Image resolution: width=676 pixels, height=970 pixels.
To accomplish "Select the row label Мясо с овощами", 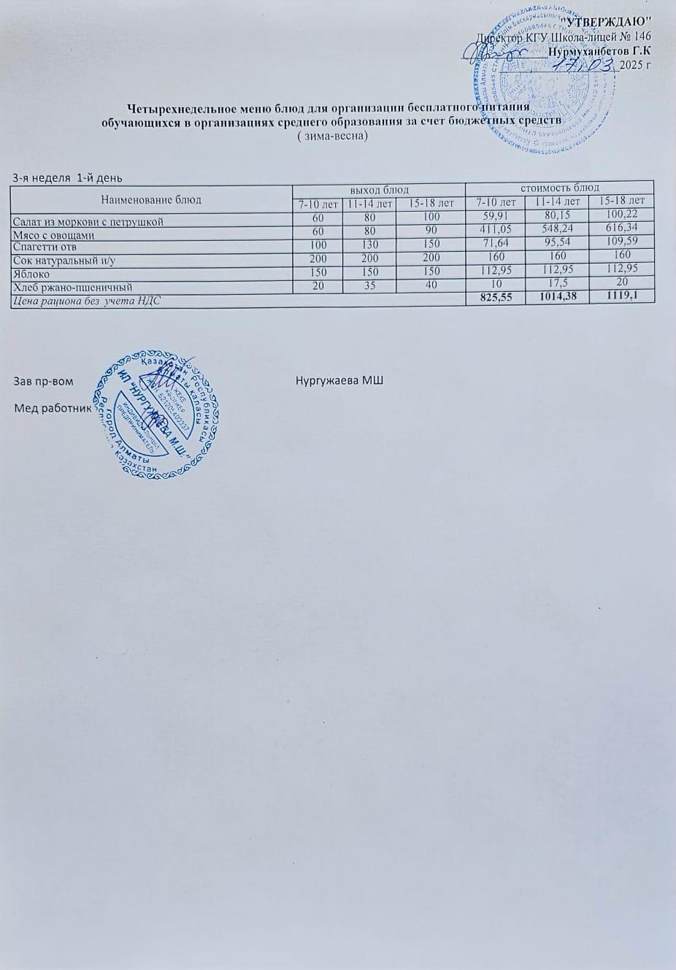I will pos(54,234).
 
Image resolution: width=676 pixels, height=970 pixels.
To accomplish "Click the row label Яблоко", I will pos(31,274).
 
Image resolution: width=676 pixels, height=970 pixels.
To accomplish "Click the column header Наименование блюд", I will pos(150,199).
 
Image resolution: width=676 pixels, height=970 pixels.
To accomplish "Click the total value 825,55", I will pos(495,298).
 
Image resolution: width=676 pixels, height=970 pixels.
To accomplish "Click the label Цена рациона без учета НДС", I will pos(86,300).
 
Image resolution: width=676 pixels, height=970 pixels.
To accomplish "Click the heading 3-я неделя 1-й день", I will pos(68,178).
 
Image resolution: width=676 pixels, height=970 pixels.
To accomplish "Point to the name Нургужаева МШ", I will pos(339,381).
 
